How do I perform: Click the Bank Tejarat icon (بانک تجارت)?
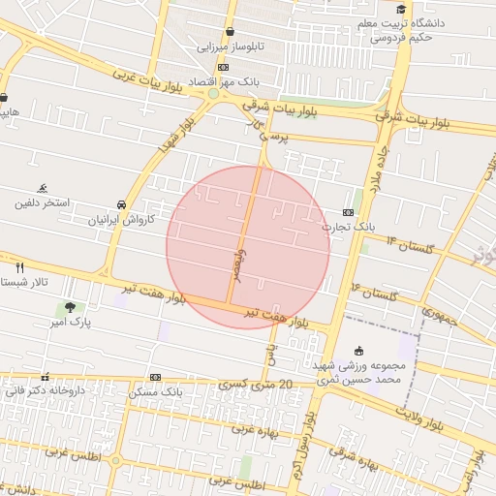pyautogui.click(x=348, y=212)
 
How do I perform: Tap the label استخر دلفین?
pyautogui.click(x=41, y=204)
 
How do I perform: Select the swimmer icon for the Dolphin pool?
pyautogui.click(x=43, y=189)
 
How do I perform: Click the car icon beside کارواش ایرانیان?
pyautogui.click(x=120, y=205)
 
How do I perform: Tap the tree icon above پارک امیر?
pyautogui.click(x=69, y=307)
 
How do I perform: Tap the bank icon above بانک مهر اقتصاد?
pyautogui.click(x=224, y=66)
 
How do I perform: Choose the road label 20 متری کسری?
pyautogui.click(x=263, y=385)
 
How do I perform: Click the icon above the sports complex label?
pyautogui.click(x=359, y=351)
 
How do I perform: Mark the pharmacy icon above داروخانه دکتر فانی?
pyautogui.click(x=45, y=377)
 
